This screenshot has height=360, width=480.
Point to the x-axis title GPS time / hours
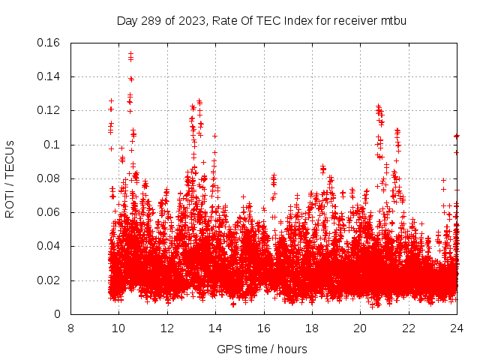point(262,349)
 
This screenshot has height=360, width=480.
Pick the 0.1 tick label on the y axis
point(52,145)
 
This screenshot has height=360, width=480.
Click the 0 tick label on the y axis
point(58,314)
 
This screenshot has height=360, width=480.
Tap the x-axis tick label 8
point(70,328)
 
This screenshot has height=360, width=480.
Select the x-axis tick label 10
point(118,328)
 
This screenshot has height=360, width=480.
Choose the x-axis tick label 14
point(215,328)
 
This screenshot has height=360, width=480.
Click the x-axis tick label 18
point(312,328)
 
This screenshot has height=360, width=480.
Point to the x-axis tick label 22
point(408,328)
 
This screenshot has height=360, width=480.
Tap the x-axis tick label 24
point(456,328)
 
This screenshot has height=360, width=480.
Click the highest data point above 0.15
point(130,54)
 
